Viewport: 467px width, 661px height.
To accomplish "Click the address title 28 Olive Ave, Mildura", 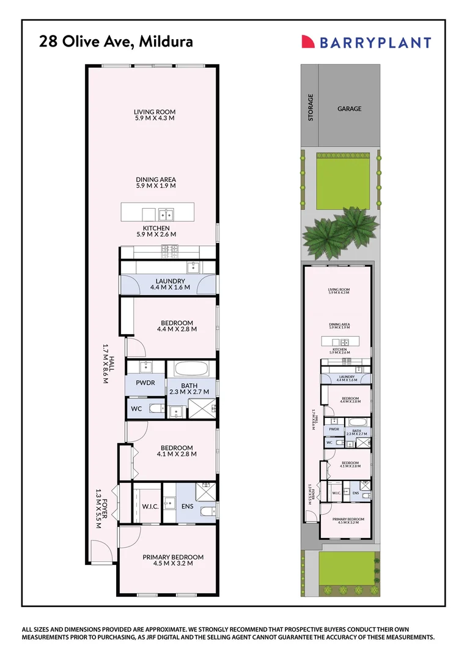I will pyautogui.click(x=116, y=42).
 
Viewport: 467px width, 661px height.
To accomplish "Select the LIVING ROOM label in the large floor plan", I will pyautogui.click(x=155, y=112).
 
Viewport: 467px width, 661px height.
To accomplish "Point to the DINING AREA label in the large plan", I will pyautogui.click(x=156, y=180).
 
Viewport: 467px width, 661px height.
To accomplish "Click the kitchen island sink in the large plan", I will pyautogui.click(x=166, y=214).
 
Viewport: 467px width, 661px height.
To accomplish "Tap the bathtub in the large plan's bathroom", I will pyautogui.click(x=192, y=370).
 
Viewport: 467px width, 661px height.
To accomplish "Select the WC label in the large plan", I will pyautogui.click(x=136, y=408).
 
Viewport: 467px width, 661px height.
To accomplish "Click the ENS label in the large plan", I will pyautogui.click(x=188, y=506).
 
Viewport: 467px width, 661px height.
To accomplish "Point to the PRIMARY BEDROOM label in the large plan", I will pyautogui.click(x=172, y=557).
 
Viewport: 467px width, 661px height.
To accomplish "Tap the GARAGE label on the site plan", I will pyautogui.click(x=349, y=109).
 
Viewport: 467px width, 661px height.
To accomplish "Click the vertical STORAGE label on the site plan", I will pyautogui.click(x=311, y=107).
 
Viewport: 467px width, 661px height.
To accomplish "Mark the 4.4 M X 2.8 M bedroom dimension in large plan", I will pyautogui.click(x=177, y=329).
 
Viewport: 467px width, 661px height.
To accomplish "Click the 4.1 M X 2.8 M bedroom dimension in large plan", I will pyautogui.click(x=177, y=454).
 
